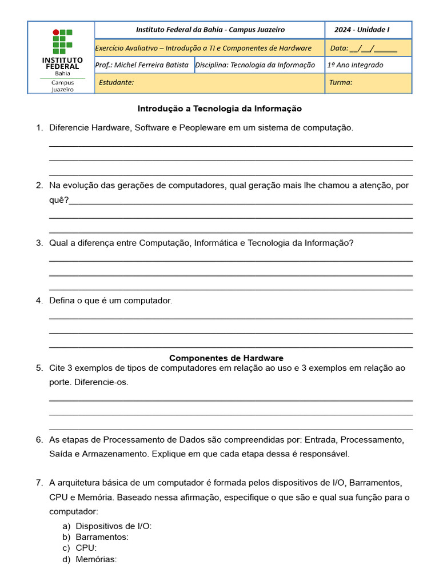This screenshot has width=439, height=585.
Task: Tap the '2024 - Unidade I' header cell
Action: click(362, 30)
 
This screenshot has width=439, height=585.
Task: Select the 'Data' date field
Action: click(364, 48)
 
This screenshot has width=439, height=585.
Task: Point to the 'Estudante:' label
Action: click(116, 82)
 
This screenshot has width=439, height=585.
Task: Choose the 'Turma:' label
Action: click(341, 82)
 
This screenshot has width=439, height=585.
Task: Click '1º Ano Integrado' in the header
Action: click(355, 65)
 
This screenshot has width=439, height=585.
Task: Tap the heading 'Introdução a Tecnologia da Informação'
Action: click(219, 109)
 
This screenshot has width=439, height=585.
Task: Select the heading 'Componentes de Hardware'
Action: click(226, 358)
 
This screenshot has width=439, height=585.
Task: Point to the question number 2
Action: click(39, 186)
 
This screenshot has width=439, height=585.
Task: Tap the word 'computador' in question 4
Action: click(147, 300)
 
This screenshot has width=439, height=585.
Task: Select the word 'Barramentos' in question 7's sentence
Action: click(379, 483)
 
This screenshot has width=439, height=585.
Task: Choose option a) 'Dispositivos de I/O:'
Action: click(113, 526)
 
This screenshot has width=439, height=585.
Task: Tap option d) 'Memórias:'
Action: click(95, 559)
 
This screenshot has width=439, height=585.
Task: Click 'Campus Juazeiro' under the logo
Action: click(62, 86)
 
